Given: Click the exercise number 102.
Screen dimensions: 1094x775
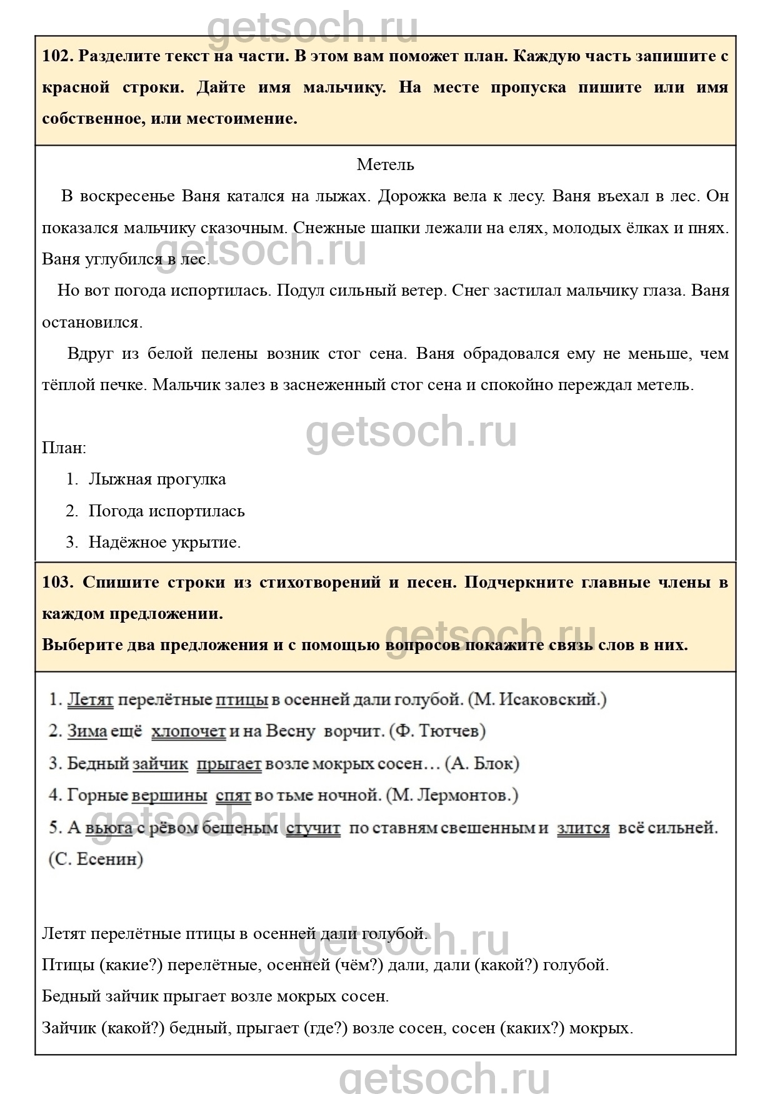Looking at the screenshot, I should [58, 56].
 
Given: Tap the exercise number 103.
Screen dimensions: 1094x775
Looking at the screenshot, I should [58, 582].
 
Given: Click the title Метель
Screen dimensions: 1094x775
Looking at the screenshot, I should [385, 164].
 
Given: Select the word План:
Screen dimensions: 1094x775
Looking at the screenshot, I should [64, 448].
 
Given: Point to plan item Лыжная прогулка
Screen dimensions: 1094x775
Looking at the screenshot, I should [157, 479].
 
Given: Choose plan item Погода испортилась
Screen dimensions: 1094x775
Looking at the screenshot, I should [166, 511].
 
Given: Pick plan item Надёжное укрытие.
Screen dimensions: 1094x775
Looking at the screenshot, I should [164, 542].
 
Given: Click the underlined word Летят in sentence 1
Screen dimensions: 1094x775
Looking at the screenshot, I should [90, 699].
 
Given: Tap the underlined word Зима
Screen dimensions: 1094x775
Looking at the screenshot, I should [87, 730].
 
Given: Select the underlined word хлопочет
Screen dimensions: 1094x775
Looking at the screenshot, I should [188, 730].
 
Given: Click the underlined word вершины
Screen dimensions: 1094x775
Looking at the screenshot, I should [169, 795].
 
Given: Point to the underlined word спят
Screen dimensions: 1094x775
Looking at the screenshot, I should [233, 795].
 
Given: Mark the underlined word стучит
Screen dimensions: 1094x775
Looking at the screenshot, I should [313, 828].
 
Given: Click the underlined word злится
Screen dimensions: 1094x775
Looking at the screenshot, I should [582, 828].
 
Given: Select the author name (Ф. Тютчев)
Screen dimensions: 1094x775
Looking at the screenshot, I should [437, 730].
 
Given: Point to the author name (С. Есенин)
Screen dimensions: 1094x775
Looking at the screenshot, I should [96, 859].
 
